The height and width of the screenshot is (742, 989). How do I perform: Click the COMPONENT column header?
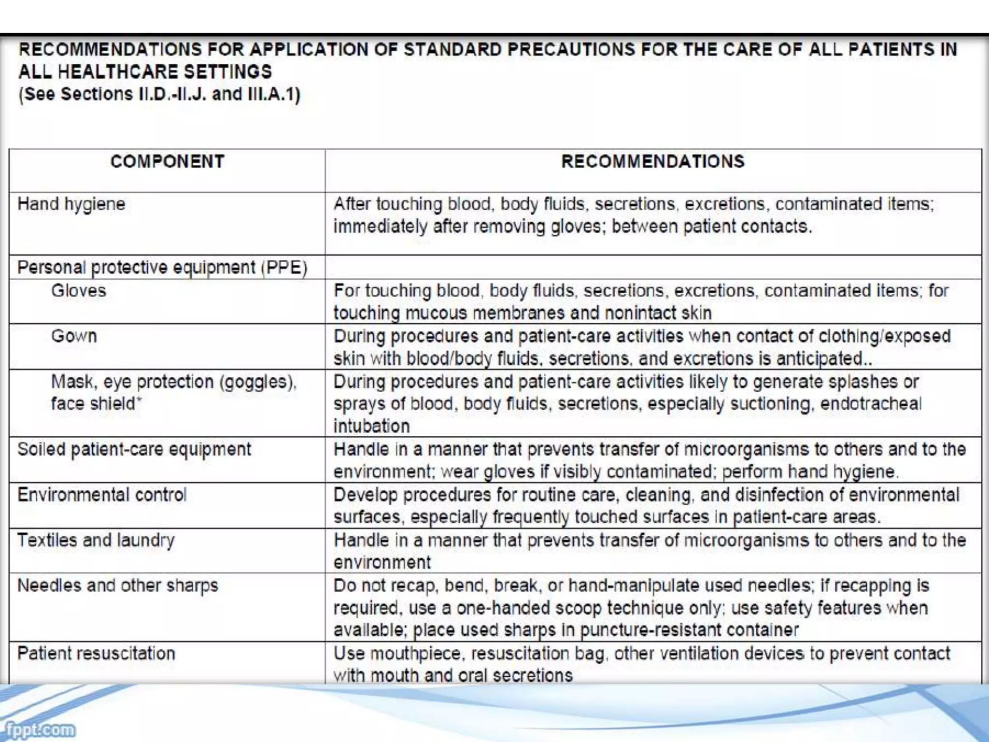coord(167,161)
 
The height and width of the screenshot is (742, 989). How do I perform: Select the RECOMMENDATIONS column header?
coord(652,161)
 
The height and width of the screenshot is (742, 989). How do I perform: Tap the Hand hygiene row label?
coord(71,204)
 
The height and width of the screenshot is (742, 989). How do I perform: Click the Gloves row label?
coord(79,291)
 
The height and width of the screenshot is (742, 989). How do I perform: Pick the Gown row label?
coord(74,336)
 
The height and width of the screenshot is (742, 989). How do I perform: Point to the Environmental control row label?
coord(102,495)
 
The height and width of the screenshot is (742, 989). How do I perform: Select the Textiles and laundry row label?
coord(96,540)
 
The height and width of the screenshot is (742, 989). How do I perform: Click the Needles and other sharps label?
coord(118,585)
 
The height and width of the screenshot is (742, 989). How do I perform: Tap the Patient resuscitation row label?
coord(96,654)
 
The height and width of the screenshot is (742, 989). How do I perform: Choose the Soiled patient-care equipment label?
coord(134,449)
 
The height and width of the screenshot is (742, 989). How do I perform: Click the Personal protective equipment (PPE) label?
coord(162,268)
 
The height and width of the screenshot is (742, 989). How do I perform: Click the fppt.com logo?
coord(38,729)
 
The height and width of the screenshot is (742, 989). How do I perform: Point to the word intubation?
coord(371,426)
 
